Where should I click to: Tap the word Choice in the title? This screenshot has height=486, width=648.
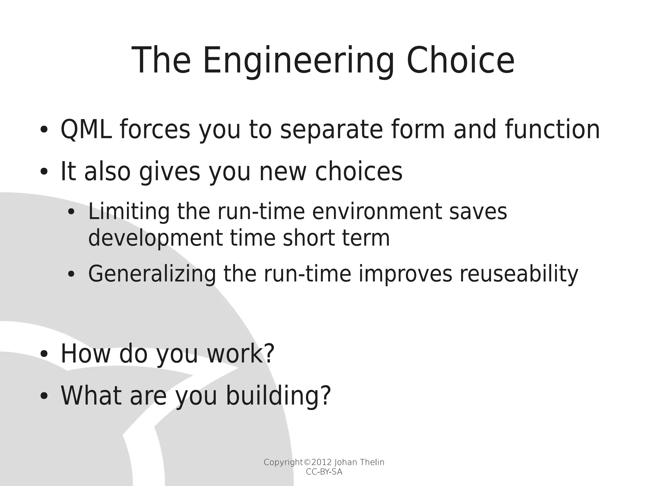[x=460, y=61]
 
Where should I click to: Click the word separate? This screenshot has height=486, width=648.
[x=331, y=130]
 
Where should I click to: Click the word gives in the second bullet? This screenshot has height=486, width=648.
[x=169, y=172]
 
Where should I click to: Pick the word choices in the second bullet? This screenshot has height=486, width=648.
[x=358, y=172]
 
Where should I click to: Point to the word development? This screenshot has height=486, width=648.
[x=155, y=239]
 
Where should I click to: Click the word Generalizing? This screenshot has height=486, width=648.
[x=152, y=274]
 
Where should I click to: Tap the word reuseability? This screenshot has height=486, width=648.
[x=519, y=274]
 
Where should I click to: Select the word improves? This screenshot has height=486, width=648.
[x=405, y=274]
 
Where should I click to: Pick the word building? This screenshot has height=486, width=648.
[x=278, y=396]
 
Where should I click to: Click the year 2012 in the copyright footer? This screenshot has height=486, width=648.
[x=322, y=462]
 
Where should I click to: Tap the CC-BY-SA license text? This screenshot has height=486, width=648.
[x=324, y=472]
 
